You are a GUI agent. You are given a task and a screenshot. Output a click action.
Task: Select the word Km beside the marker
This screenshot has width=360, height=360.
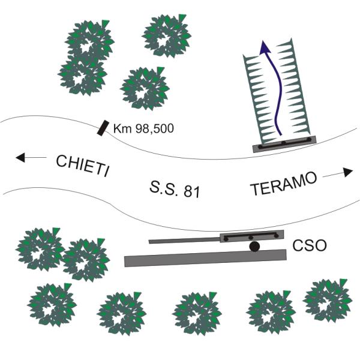coord(121,128)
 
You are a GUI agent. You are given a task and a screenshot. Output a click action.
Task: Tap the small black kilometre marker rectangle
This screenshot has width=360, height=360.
coord(104,127)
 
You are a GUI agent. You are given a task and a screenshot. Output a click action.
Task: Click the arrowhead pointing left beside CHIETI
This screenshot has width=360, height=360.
coord(20,158)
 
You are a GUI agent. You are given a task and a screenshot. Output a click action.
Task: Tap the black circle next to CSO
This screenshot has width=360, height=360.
coord(254,246)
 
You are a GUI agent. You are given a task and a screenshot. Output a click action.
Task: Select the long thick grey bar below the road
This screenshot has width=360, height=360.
coord(205,257)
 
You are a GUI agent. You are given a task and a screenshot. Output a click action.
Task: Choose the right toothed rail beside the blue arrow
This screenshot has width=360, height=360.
coord(298,90)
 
